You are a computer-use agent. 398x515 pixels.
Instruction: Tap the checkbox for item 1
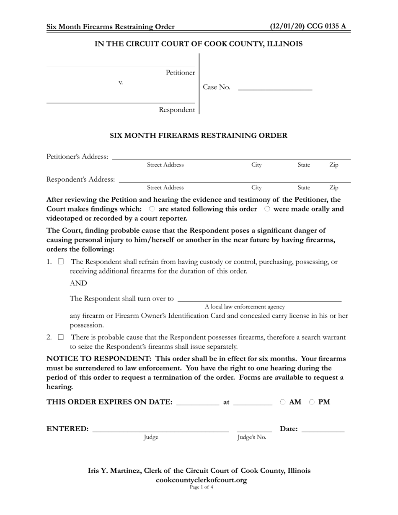pyautogui.click(x=61, y=262)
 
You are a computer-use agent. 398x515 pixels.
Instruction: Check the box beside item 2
pyautogui.click(x=61, y=337)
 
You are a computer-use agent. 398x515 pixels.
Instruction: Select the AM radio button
pyautogui.click(x=283, y=402)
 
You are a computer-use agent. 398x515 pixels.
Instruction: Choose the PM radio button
pyautogui.click(x=312, y=402)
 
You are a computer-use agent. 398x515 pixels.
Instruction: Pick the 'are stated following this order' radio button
pyautogui.click(x=152, y=209)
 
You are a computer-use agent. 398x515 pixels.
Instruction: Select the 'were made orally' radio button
pyautogui.click(x=267, y=209)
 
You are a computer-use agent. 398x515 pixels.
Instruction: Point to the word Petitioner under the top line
pyautogui.click(x=180, y=73)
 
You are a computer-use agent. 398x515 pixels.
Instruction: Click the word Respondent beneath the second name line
pyautogui.click(x=176, y=110)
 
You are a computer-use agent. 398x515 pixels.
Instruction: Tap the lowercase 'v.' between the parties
pyautogui.click(x=121, y=82)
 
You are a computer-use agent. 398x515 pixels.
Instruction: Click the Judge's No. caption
pyautogui.click(x=252, y=438)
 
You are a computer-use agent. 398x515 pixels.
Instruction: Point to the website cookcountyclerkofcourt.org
pyautogui.click(x=201, y=480)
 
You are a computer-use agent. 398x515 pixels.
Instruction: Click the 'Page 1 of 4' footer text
pyautogui.click(x=201, y=487)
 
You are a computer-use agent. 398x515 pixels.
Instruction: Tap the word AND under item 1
pyautogui.click(x=78, y=283)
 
